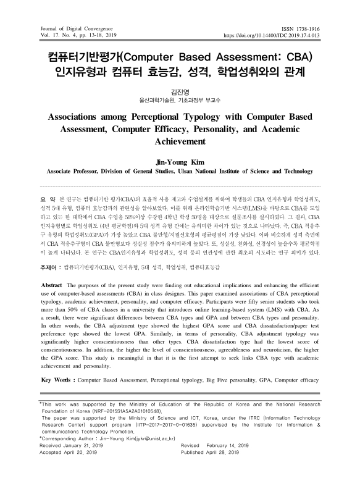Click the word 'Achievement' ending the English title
pos(180,141)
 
